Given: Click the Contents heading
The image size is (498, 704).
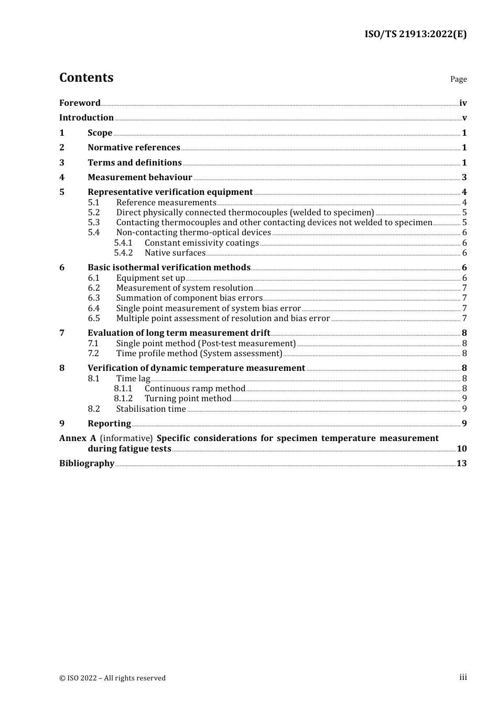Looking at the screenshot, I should point(86,78).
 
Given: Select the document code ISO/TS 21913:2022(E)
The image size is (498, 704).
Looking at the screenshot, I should point(415,34).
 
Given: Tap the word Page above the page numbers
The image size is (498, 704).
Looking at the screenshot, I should point(458,79).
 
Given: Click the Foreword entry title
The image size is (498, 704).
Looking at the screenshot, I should point(80,103).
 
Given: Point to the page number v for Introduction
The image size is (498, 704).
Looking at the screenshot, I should point(464,118).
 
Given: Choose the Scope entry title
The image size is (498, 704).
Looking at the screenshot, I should point(100,133).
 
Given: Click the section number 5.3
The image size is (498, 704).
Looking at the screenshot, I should point(94,223).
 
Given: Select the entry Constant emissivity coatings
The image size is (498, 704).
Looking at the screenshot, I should point(201,243).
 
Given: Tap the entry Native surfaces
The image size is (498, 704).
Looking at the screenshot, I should point(175,253).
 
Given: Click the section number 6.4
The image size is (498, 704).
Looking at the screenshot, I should point(94,309).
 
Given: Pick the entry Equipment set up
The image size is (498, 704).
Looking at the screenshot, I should point(150,278).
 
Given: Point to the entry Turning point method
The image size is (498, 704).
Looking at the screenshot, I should point(188,399).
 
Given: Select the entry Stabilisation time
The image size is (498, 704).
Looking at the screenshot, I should point(151,409).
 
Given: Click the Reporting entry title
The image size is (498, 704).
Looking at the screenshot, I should point(109,424).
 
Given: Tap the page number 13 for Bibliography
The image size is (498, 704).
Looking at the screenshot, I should point(461,464).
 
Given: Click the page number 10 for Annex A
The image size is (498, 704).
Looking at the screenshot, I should point(461,449).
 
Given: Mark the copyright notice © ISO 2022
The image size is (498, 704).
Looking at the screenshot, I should point(112,678).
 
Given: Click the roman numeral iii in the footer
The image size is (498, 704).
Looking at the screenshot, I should point(463,677).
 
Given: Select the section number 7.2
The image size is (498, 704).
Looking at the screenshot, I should point(94,354).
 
